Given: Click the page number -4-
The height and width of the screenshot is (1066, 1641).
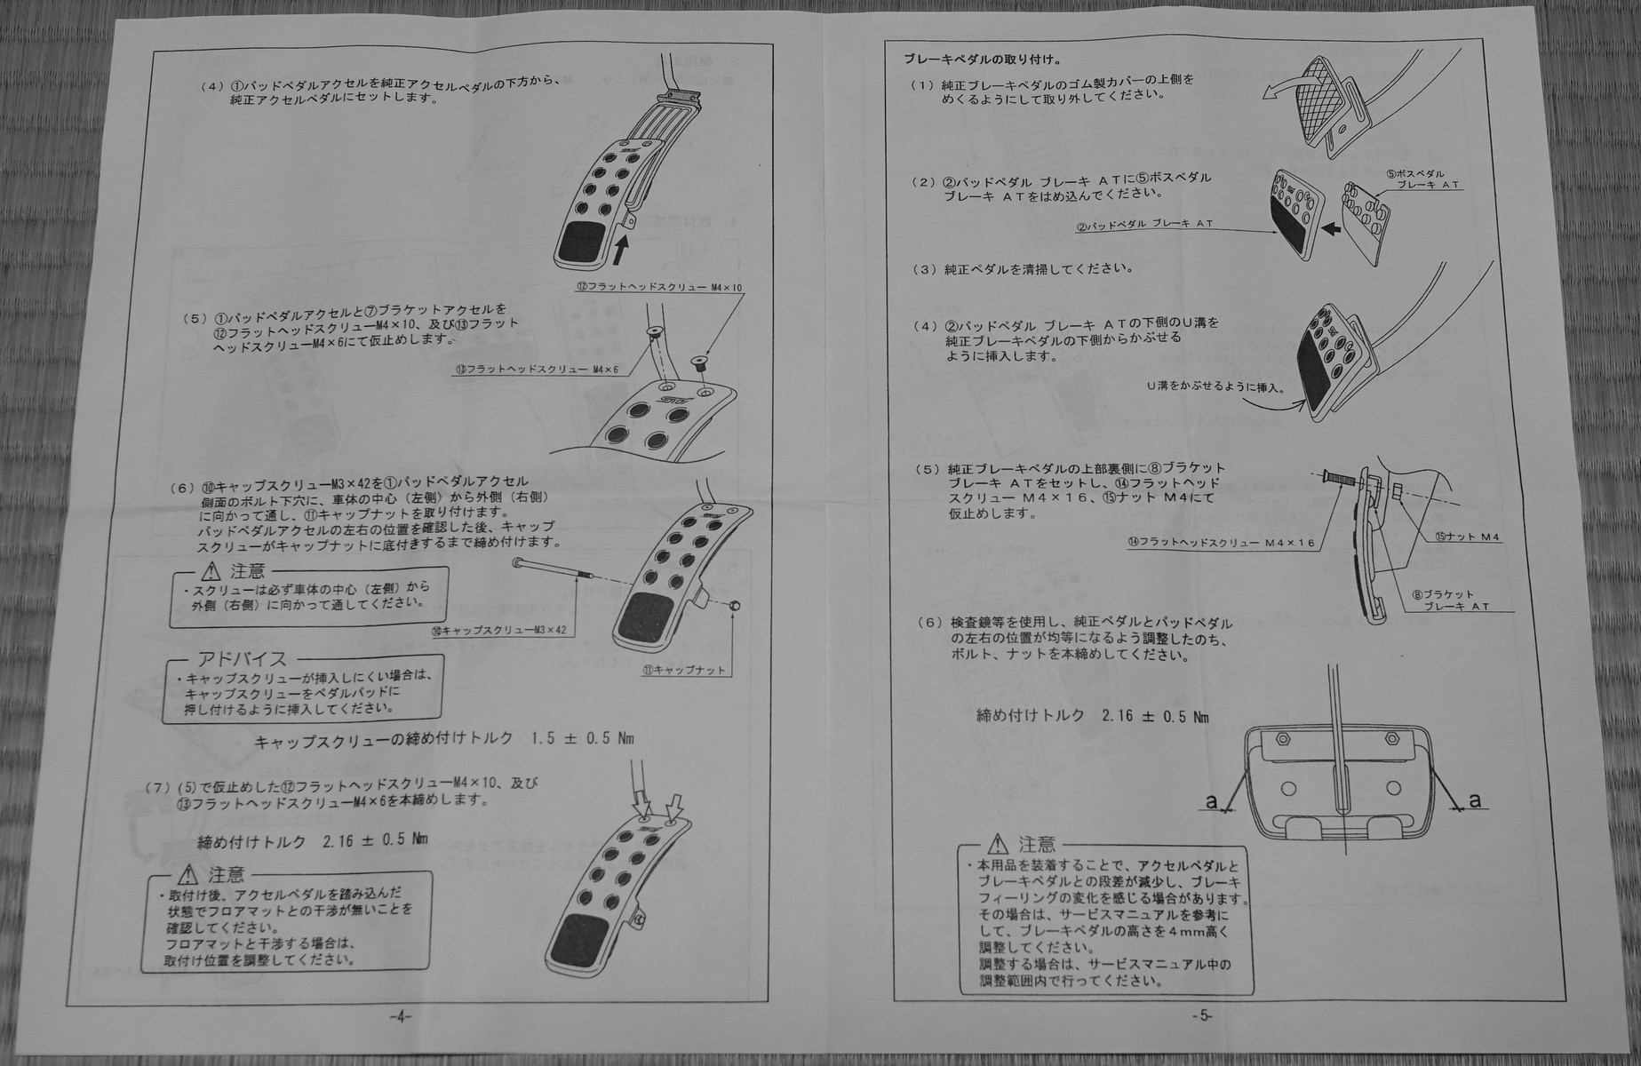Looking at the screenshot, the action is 401,1017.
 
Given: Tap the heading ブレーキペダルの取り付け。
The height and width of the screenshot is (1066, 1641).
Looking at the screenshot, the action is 982,60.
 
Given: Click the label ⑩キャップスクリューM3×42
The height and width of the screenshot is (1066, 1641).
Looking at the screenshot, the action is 498,630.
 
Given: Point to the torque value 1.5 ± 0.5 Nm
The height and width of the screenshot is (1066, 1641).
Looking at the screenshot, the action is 582,739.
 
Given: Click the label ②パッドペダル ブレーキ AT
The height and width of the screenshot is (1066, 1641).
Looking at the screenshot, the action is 1145,225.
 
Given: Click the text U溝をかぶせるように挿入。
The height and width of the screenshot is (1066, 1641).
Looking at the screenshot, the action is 1215,387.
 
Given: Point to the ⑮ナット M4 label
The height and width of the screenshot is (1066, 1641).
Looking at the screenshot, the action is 1467,537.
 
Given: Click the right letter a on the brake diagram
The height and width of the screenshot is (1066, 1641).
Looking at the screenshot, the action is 1475,800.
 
